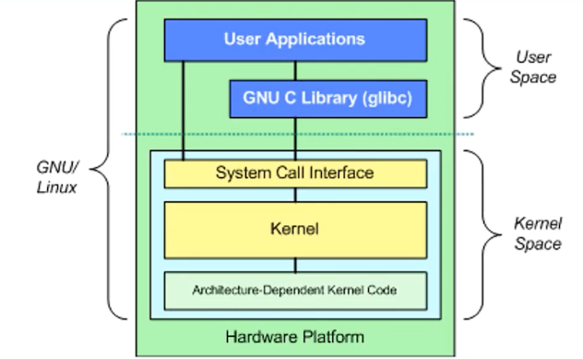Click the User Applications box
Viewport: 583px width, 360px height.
pyautogui.click(x=294, y=40)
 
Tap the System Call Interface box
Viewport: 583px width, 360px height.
pyautogui.click(x=294, y=173)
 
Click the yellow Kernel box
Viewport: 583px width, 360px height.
pyautogui.click(x=294, y=229)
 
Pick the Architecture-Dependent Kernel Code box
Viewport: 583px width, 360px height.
pyautogui.click(x=294, y=291)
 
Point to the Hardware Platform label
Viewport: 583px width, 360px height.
pyautogui.click(x=294, y=334)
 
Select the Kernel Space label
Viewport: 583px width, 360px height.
pyautogui.click(x=537, y=234)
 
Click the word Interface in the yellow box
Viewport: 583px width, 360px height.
pyautogui.click(x=341, y=173)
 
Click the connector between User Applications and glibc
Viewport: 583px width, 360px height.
pyautogui.click(x=295, y=69)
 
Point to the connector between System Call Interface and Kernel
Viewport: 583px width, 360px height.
pyautogui.click(x=295, y=195)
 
